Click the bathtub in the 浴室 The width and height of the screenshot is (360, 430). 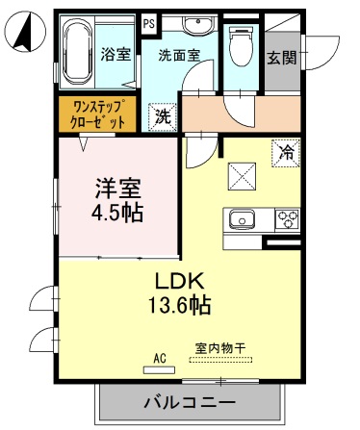coord(78,54)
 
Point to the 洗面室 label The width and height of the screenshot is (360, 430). coord(178,56)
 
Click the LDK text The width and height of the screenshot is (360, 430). coord(182,283)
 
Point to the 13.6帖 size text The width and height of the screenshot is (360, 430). coord(182,307)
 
